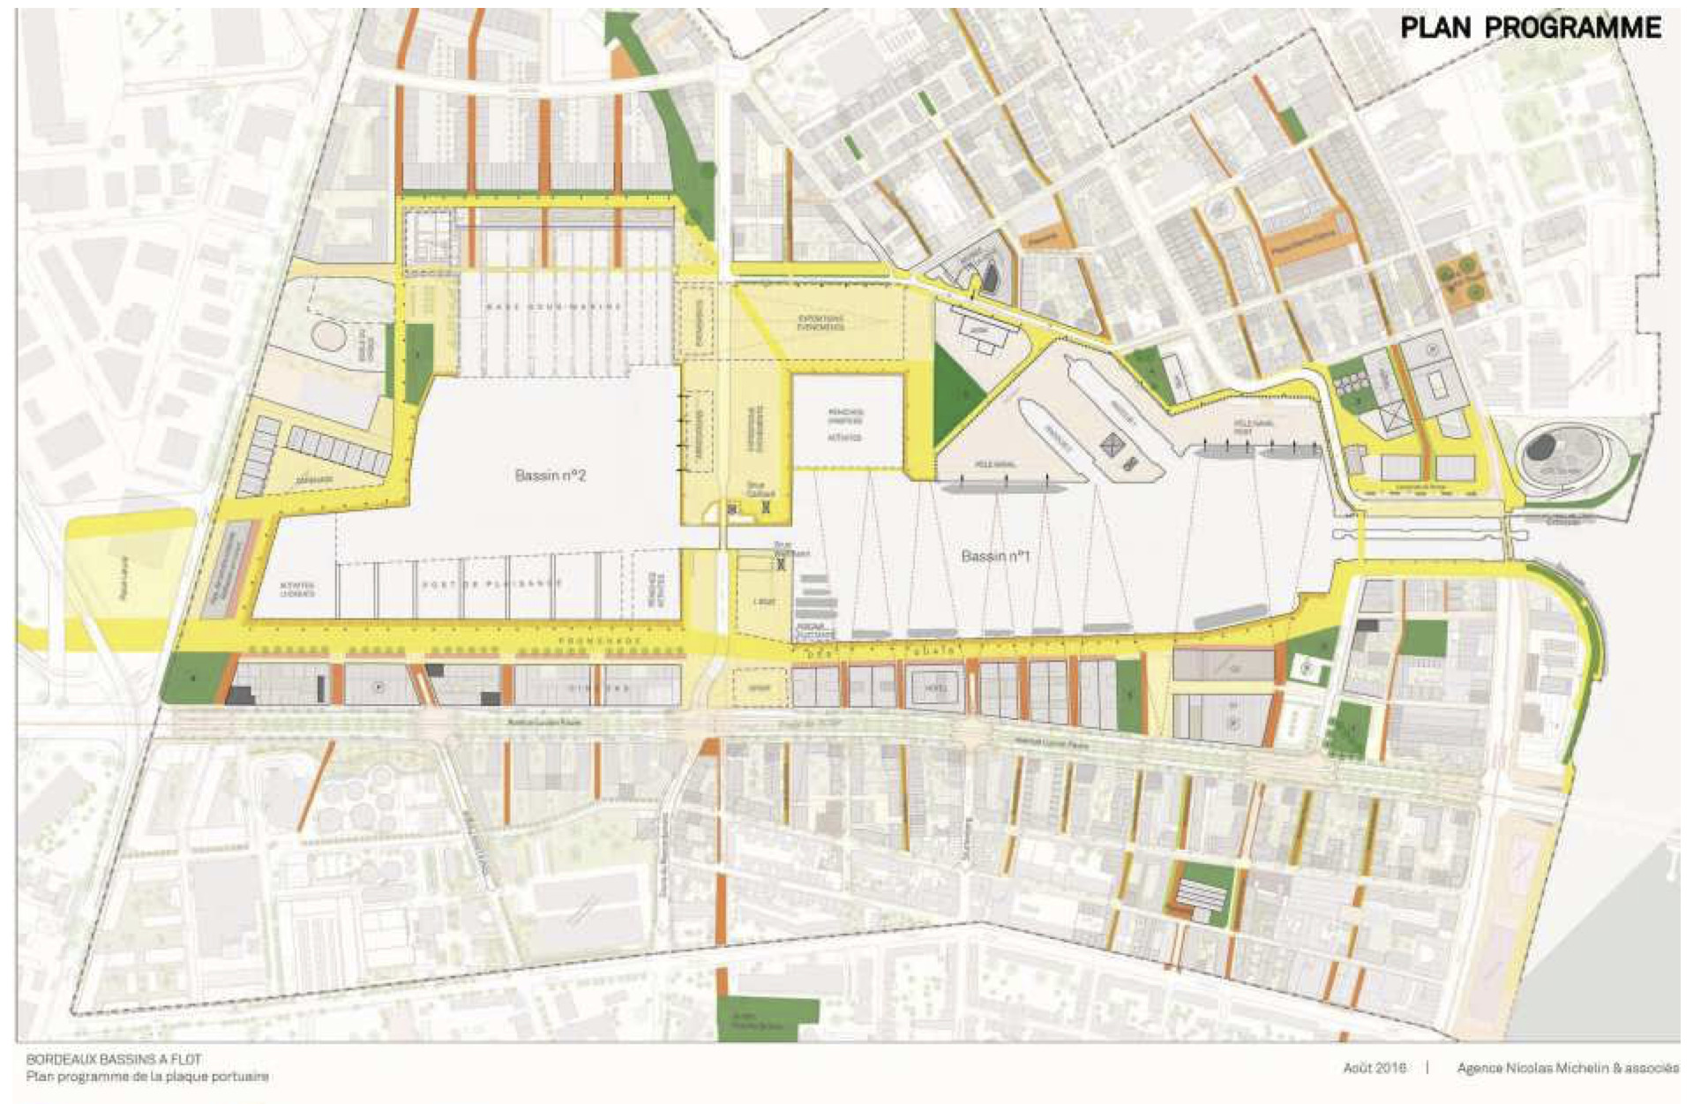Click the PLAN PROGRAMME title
pyautogui.click(x=1530, y=27)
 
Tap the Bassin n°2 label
pyautogui.click(x=551, y=476)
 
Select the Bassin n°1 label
pyautogui.click(x=995, y=556)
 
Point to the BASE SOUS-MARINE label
pyautogui.click(x=554, y=306)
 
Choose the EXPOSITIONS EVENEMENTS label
pyautogui.click(x=821, y=323)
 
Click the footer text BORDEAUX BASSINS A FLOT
pyautogui.click(x=114, y=1059)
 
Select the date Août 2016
pyautogui.click(x=1375, y=1068)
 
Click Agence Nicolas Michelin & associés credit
pyautogui.click(x=1568, y=1068)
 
